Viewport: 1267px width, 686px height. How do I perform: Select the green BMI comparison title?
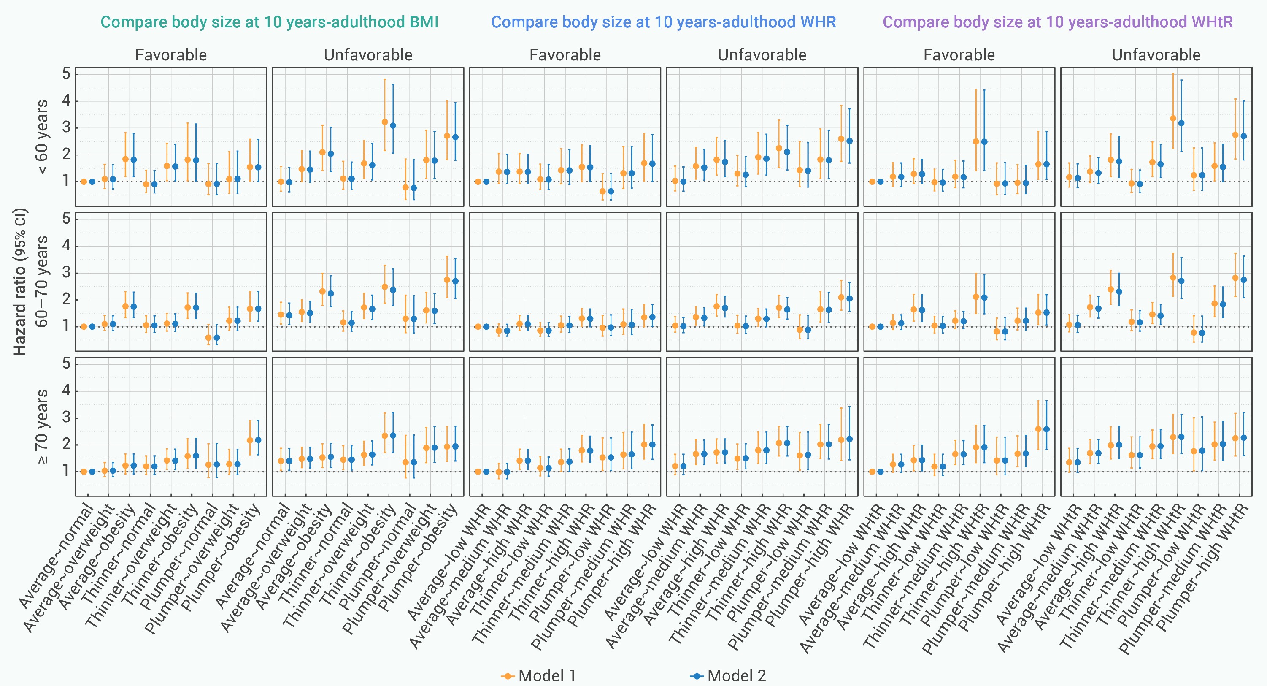point(269,22)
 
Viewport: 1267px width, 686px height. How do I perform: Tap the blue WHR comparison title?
point(664,22)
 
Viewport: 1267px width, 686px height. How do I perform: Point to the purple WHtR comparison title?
point(1057,22)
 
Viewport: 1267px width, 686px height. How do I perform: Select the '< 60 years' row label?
point(42,137)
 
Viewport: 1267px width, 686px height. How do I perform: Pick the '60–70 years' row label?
point(42,282)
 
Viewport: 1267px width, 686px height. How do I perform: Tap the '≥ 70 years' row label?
point(42,426)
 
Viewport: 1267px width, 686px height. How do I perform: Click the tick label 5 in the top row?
point(66,74)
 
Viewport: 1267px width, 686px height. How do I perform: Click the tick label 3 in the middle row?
point(66,273)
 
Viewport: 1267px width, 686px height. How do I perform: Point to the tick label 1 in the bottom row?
point(66,471)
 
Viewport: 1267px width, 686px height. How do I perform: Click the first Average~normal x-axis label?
point(57,556)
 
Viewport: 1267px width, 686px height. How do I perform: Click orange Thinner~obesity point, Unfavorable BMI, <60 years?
point(385,122)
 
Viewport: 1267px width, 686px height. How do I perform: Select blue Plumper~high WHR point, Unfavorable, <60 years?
point(849,141)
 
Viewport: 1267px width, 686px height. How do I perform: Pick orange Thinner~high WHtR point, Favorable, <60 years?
point(976,142)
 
